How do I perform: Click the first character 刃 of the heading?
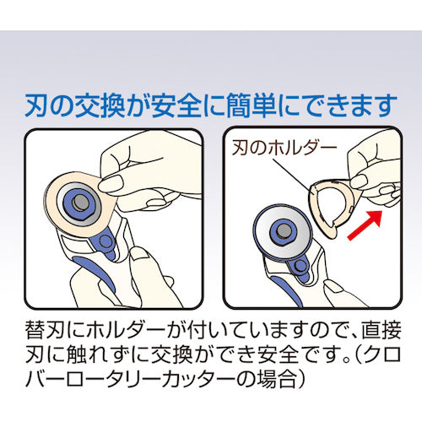37,107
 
